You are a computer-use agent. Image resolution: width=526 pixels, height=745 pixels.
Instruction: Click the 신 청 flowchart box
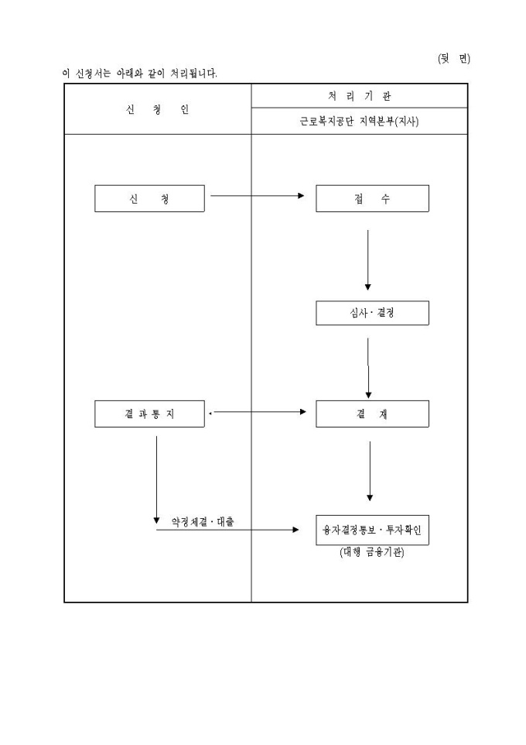click(x=149, y=198)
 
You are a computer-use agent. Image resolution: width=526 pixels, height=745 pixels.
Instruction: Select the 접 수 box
click(x=372, y=198)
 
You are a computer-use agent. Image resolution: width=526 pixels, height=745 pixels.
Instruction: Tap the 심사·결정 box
click(x=372, y=313)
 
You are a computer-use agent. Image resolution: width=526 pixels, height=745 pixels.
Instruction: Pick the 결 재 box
click(x=372, y=414)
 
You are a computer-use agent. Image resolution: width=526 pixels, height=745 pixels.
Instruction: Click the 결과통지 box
click(x=149, y=414)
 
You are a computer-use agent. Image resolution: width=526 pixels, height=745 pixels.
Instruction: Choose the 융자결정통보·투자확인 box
click(x=372, y=530)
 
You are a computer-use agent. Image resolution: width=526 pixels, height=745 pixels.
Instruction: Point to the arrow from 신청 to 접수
click(x=258, y=196)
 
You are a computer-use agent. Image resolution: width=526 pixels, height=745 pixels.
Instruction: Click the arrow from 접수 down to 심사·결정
click(x=367, y=259)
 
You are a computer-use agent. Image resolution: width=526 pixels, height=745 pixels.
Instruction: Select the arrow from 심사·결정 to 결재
click(x=368, y=368)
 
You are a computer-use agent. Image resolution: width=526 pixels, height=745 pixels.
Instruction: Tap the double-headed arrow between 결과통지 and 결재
click(x=258, y=412)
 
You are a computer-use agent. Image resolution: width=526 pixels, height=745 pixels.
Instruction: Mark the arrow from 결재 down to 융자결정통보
click(x=370, y=471)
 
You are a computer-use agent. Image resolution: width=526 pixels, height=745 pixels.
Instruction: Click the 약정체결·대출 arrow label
click(x=202, y=522)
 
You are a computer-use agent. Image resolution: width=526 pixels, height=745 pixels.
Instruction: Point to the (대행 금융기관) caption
click(x=372, y=553)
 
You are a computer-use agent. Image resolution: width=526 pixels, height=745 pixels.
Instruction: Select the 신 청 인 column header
click(x=157, y=110)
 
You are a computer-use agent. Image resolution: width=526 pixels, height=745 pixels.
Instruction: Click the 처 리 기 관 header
click(x=360, y=96)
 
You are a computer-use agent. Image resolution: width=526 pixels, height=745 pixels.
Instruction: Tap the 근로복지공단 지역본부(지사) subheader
click(x=360, y=122)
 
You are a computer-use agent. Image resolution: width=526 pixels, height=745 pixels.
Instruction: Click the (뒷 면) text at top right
click(x=454, y=59)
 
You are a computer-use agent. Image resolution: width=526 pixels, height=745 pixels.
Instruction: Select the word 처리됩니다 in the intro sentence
click(x=193, y=74)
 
